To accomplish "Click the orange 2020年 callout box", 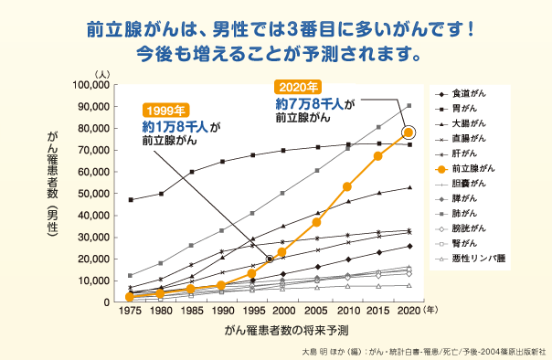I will point(298,87).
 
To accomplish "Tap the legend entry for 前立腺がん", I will point(473,169).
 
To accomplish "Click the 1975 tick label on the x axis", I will point(130,310).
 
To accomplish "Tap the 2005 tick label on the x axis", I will point(316,310).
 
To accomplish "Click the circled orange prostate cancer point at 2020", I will point(409,132).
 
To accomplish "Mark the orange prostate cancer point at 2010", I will point(347,186).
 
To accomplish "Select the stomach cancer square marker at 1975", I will point(131,199).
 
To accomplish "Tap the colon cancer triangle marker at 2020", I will point(409,187).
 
